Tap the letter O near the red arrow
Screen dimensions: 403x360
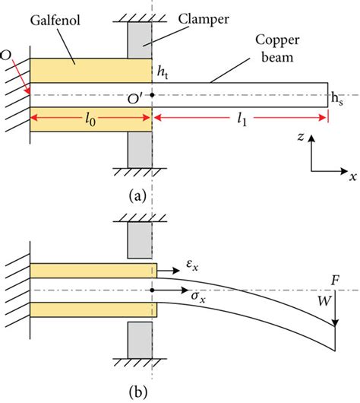[7, 56]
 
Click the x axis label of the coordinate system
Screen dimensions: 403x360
[352, 176]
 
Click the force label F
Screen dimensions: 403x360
[336, 280]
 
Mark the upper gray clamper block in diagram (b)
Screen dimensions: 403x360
[140, 240]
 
